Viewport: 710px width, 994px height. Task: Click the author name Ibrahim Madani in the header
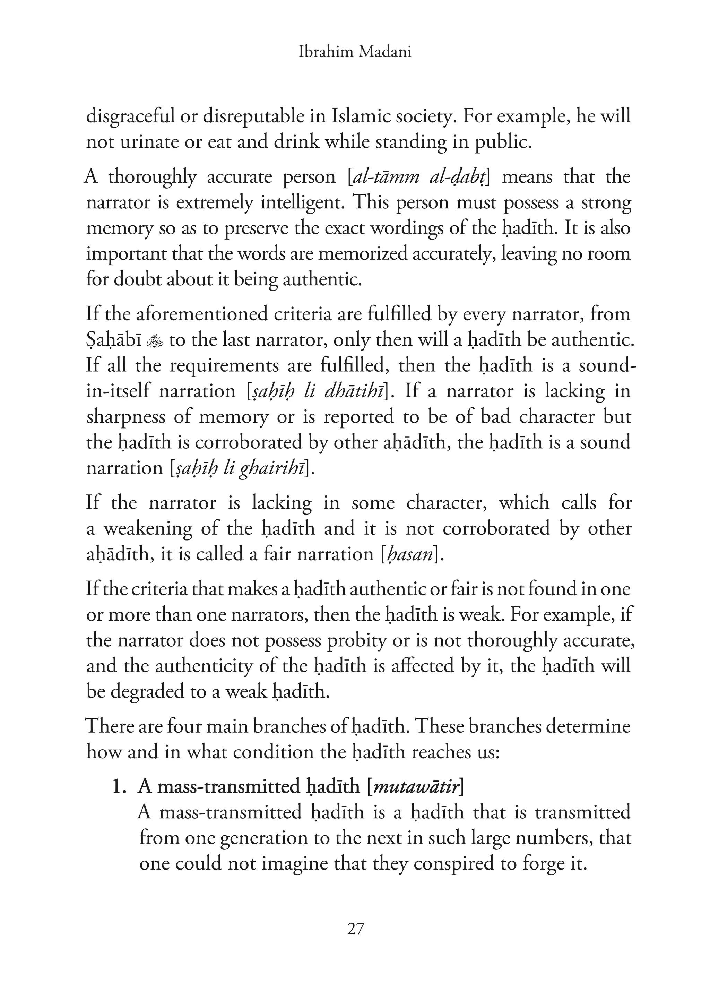pyautogui.click(x=355, y=52)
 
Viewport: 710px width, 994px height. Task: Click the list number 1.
pyautogui.click(x=119, y=787)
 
